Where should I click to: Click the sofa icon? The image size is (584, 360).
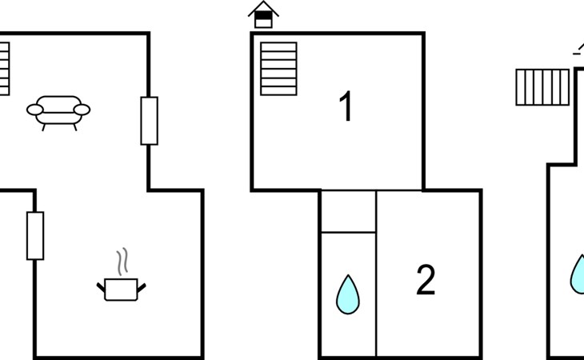pyautogui.click(x=58, y=113)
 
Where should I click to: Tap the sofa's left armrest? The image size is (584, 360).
pyautogui.click(x=35, y=110)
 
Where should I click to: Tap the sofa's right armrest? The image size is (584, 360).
pyautogui.click(x=82, y=110)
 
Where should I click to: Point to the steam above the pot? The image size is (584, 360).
pyautogui.click(x=122, y=262)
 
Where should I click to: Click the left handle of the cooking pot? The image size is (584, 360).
pyautogui.click(x=101, y=287)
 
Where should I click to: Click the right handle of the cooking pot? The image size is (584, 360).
pyautogui.click(x=142, y=288)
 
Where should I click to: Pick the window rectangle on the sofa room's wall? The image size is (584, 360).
pyautogui.click(x=150, y=121)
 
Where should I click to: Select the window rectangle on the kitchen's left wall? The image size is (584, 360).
pyautogui.click(x=35, y=236)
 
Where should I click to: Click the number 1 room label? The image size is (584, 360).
pyautogui.click(x=346, y=106)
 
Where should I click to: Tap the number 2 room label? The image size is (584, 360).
pyautogui.click(x=426, y=279)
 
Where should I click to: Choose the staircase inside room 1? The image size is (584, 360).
pyautogui.click(x=278, y=69)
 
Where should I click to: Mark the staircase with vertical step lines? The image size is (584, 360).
pyautogui.click(x=542, y=87)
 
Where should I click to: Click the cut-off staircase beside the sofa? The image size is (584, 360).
pyautogui.click(x=5, y=69)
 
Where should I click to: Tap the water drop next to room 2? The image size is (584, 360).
pyautogui.click(x=348, y=295)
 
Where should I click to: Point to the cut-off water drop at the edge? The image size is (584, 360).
pyautogui.click(x=578, y=274)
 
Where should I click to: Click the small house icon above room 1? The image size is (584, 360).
pyautogui.click(x=263, y=14)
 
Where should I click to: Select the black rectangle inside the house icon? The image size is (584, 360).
pyautogui.click(x=263, y=15)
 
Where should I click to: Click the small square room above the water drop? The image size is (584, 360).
pyautogui.click(x=348, y=211)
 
